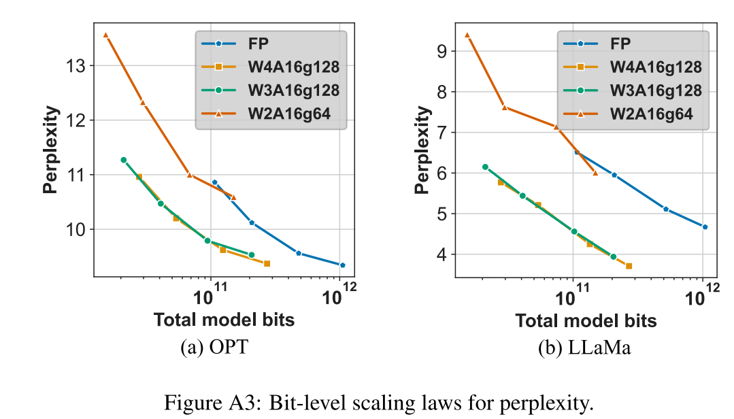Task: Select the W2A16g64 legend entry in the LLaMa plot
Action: [x=651, y=114]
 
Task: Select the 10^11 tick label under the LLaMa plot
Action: [x=573, y=297]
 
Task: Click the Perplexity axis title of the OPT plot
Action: [x=51, y=150]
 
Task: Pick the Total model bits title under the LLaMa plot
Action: [x=586, y=320]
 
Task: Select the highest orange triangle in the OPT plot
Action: [x=105, y=35]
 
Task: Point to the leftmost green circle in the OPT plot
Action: [x=123, y=160]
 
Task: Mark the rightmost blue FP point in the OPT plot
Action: [x=342, y=265]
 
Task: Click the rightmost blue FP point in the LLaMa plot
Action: [x=705, y=227]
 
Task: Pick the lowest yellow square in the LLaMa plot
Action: [x=629, y=266]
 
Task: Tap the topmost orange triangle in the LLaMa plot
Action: [x=467, y=35]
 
